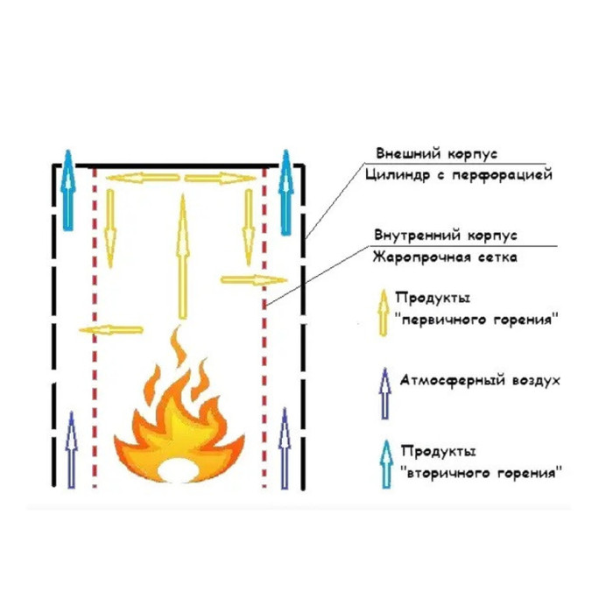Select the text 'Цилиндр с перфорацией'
(459, 176)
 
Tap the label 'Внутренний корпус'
(446, 236)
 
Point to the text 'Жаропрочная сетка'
(444, 257)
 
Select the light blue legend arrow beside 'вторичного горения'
(382, 465)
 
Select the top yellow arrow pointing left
(143, 178)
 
